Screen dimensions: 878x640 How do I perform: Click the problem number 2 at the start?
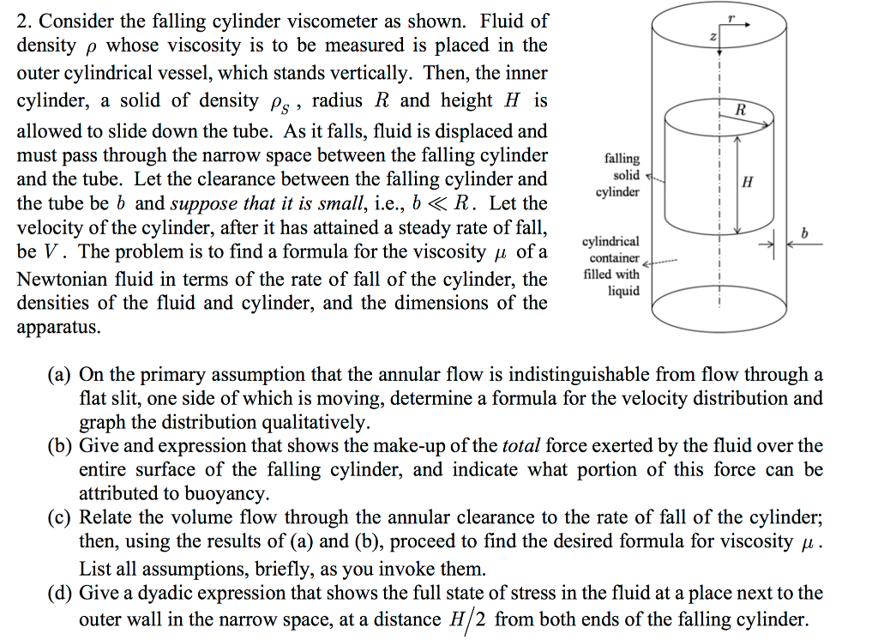[x=23, y=20]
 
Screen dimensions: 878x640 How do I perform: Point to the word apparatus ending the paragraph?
[x=57, y=328]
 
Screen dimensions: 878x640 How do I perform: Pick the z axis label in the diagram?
[x=710, y=37]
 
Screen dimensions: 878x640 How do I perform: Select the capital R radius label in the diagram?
[x=741, y=109]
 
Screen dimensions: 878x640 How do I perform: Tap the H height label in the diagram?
[x=748, y=182]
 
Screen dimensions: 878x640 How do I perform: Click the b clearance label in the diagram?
[x=803, y=232]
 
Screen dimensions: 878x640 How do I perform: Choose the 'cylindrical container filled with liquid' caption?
[x=611, y=266]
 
